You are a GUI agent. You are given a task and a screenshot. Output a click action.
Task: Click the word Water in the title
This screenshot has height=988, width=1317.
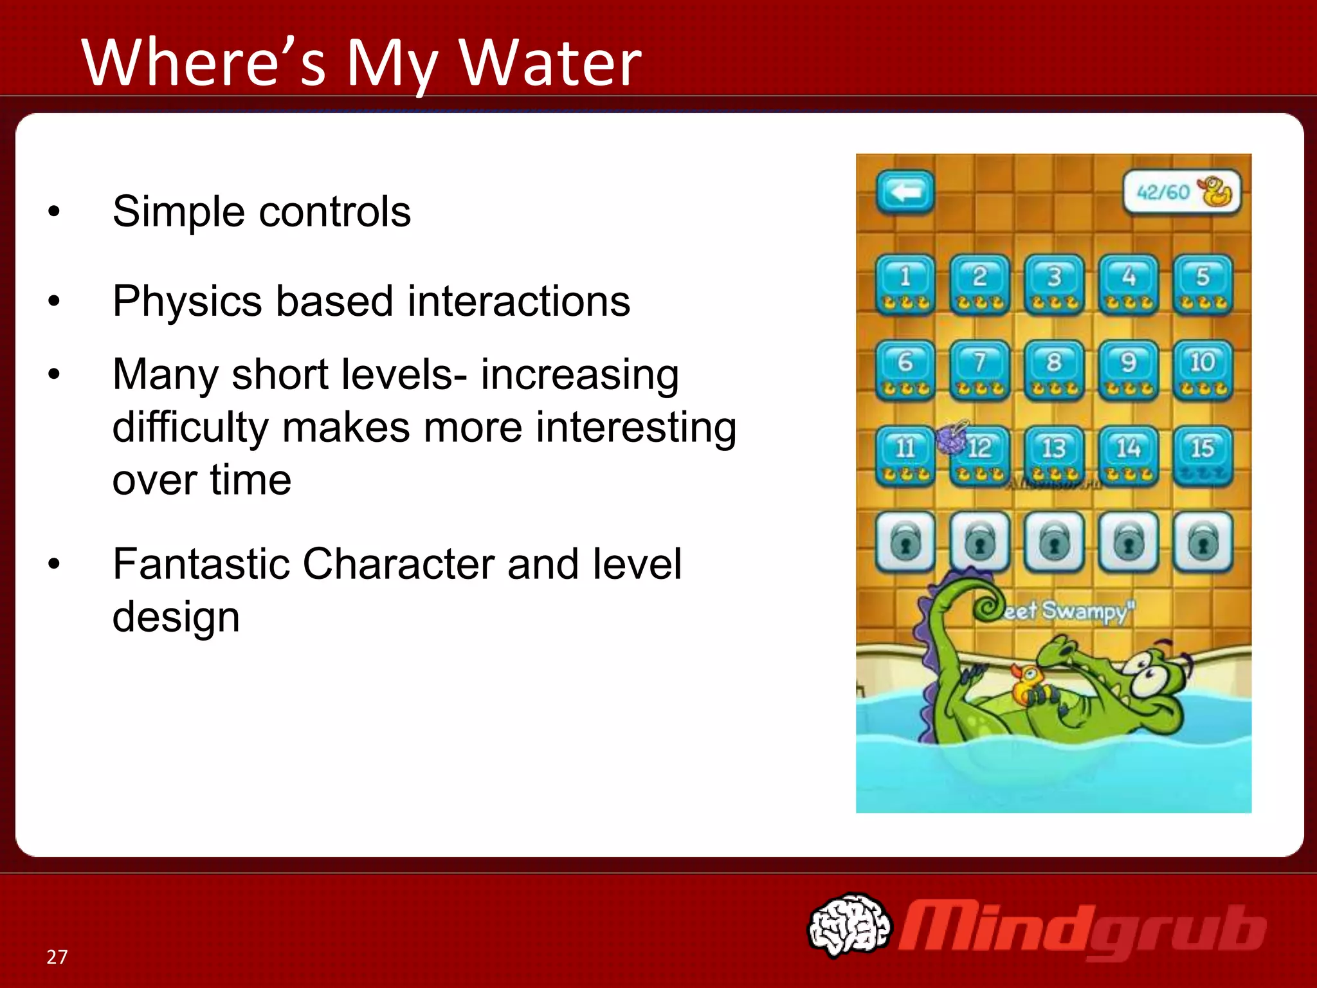550,63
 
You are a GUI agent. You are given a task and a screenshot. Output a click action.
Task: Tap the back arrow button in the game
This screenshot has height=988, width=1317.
905,192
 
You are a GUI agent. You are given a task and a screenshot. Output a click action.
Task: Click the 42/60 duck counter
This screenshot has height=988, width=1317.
1181,192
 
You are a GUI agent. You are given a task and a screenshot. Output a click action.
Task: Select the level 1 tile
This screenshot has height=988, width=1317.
905,284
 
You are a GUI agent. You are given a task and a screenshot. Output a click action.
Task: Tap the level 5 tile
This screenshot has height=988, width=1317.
1203,284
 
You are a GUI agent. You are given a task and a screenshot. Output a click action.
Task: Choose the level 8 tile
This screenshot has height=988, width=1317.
1053,370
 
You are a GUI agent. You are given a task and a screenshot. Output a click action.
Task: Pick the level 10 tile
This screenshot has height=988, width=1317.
1203,370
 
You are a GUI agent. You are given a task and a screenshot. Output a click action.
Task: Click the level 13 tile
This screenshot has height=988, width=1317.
1053,455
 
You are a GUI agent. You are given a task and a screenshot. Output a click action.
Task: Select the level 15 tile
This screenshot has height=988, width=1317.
1203,455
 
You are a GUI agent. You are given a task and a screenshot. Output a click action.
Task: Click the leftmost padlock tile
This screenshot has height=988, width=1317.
905,542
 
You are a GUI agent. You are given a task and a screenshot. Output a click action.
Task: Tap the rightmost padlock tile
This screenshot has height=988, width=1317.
1203,542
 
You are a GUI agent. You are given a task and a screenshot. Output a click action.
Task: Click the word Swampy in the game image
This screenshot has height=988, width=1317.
1087,610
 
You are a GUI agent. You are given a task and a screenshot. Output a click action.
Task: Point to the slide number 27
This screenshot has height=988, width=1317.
57,957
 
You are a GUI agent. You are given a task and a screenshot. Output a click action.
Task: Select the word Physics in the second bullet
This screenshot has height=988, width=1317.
187,301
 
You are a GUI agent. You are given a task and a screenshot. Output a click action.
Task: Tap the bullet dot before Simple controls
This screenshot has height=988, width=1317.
54,211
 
